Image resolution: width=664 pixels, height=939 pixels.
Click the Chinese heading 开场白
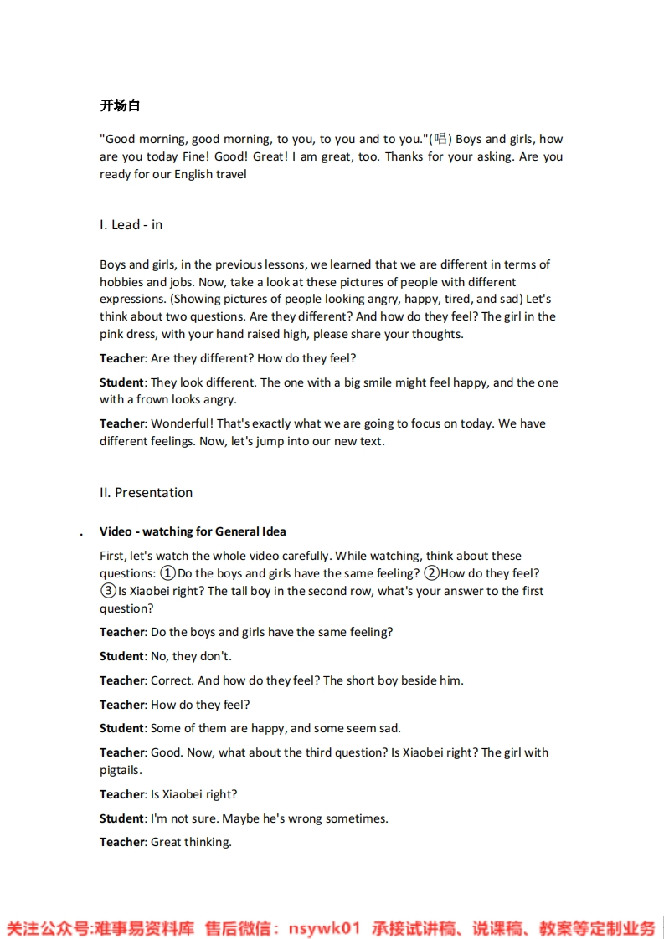pos(120,105)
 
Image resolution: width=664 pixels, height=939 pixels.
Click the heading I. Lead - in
pos(131,224)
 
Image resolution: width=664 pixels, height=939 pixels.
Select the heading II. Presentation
pos(146,492)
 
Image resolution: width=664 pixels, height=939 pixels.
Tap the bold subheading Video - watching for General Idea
pos(193,531)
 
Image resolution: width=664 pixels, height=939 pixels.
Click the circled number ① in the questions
pos(167,573)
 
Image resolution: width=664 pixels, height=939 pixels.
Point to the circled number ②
pos(431,573)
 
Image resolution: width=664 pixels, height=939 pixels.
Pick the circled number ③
pos(108,591)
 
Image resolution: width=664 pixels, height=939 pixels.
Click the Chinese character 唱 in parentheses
pos(440,140)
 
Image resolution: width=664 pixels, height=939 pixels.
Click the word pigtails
pos(120,770)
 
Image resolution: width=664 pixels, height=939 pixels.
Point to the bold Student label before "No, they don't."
pos(121,656)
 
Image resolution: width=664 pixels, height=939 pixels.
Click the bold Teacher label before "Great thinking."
pos(122,842)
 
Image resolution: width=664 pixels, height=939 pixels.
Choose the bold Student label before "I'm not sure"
pos(121,818)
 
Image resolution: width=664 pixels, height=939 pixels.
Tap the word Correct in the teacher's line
pos(172,680)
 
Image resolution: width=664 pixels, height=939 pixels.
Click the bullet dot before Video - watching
pos(81,533)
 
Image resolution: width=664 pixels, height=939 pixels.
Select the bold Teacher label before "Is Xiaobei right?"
pos(122,794)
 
